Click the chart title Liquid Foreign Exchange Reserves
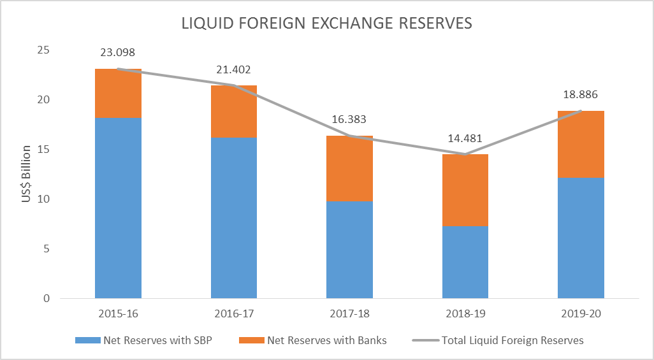coord(326,24)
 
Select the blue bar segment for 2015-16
coord(118,208)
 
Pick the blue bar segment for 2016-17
coord(234,217)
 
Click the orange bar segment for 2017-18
coord(349,168)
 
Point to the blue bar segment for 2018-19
coord(465,262)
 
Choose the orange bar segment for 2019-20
coord(581,144)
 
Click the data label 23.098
coord(118,53)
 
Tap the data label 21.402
coord(234,69)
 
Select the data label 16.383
coord(349,119)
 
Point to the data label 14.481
coord(465,138)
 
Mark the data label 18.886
coord(581,95)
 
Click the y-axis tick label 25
coord(45,50)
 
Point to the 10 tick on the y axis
coord(45,199)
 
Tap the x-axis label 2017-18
coord(349,314)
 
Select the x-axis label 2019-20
coord(581,314)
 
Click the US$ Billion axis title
coord(26,173)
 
